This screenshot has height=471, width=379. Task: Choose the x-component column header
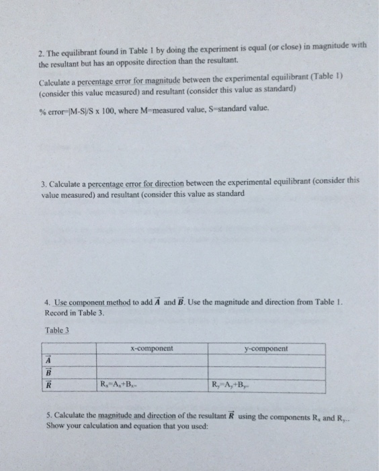click(151, 349)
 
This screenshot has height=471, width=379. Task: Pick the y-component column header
click(266, 349)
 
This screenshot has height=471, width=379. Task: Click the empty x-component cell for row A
click(151, 361)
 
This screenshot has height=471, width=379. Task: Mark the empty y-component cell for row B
click(266, 374)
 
